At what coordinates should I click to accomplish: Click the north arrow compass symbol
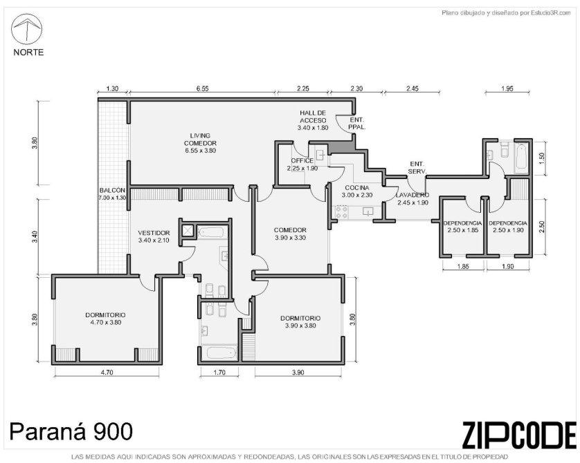coord(26,29)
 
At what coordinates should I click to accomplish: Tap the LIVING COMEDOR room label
coord(200,143)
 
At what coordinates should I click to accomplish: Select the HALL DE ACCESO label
coord(313,120)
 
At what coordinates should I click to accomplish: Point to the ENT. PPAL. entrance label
coord(357,123)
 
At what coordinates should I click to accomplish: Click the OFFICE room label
coord(302,164)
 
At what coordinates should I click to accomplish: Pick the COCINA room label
coord(357,191)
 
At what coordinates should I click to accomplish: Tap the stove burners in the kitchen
coord(341,213)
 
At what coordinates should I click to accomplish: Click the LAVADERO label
coord(413,198)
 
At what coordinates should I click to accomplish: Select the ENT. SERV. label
coord(417,168)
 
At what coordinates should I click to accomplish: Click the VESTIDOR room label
coord(154,236)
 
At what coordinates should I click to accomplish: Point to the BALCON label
coord(112,194)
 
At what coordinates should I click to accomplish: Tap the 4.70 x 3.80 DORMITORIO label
coord(105,319)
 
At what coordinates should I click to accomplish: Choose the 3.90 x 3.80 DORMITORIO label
coord(300,321)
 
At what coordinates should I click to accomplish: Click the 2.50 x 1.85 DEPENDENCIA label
coord(463,227)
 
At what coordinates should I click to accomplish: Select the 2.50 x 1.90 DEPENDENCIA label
coord(508,227)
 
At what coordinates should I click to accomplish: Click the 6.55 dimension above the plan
coord(203,88)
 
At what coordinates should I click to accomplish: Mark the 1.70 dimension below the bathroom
coord(219,372)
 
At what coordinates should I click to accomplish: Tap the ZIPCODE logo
coord(519,435)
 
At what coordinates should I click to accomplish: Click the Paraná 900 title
coord(71,431)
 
